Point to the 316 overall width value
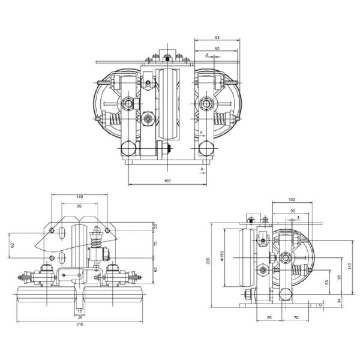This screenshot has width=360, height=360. tap(80, 324)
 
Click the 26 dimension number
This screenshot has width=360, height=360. tap(80, 316)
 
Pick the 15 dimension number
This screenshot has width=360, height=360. tap(80, 310)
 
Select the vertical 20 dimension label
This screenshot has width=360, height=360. tap(155, 226)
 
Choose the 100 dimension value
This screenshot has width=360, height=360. tap(292, 199)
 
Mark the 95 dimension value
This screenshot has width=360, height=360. tap(339, 277)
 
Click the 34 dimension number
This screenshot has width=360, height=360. tap(339, 300)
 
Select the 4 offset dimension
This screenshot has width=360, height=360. tap(298, 217)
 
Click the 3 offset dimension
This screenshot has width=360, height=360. tap(206, 55)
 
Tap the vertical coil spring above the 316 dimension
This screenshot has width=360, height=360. tap(94, 245)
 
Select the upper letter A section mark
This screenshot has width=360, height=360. tap(202, 131)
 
